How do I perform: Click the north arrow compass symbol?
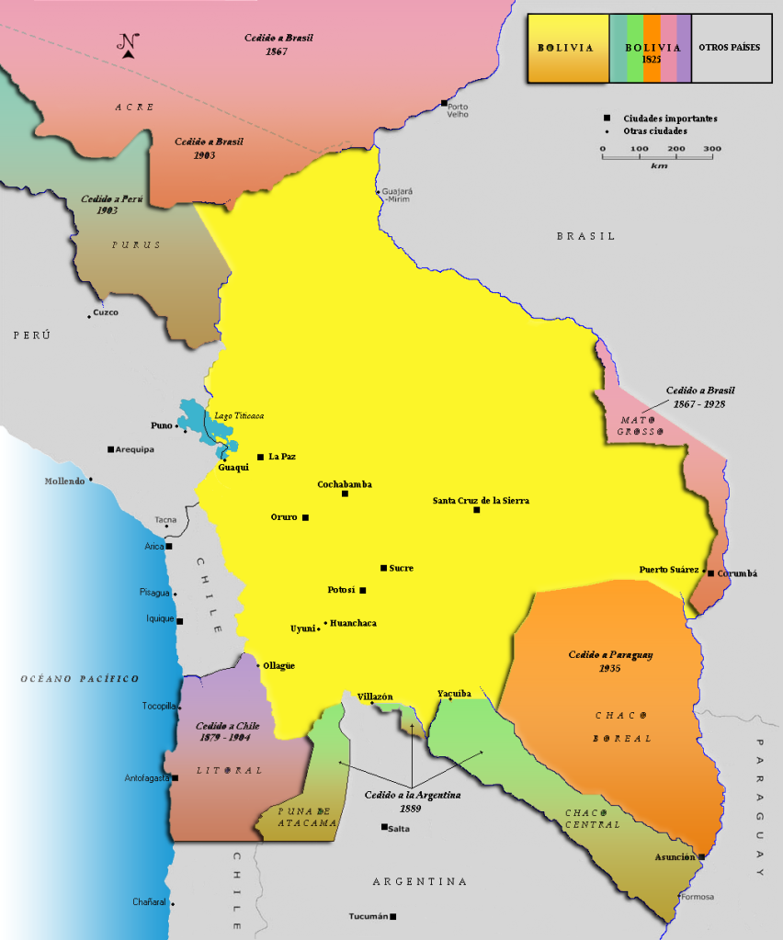129,45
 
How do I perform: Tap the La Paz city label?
282,457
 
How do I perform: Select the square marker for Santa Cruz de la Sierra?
476,510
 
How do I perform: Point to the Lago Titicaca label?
239,416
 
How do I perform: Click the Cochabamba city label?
345,484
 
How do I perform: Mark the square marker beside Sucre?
383,568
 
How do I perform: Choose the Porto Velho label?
458,110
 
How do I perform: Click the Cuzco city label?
106,312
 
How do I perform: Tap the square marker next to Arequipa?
110,449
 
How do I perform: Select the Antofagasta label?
147,778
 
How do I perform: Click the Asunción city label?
675,856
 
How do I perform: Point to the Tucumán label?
369,916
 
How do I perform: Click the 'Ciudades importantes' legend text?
670,119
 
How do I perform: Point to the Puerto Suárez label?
670,570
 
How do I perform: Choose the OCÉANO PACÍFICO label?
80,678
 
